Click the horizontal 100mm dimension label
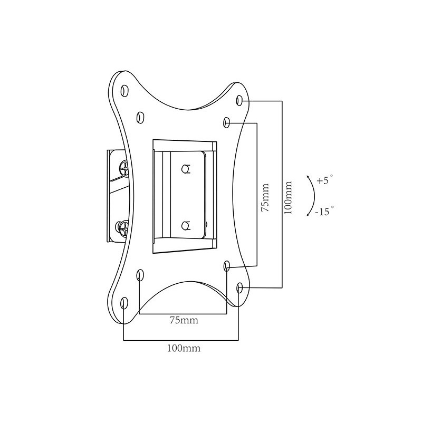coord(184,348)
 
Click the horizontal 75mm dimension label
coord(184,320)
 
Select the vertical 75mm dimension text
coord(265,197)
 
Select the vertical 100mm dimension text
coord(288,197)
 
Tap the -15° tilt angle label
coord(324,211)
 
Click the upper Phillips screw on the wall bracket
coord(124,169)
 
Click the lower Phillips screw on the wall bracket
coord(123,229)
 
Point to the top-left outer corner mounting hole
coord(124,91)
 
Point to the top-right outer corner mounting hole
coord(239,101)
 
